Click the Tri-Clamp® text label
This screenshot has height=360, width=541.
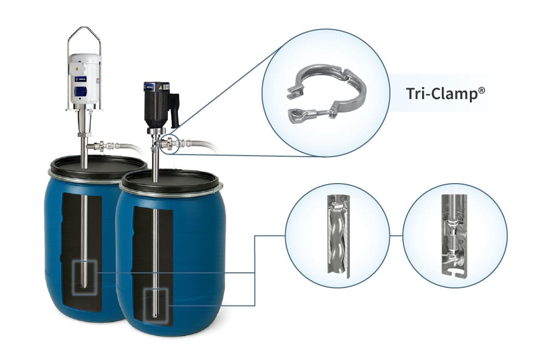pyautogui.click(x=445, y=93)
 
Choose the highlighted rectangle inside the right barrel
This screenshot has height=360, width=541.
pyautogui.click(x=155, y=308)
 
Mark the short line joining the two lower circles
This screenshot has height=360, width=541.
pyautogui.click(x=396, y=235)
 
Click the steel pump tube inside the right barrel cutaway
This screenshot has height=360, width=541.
pyautogui.click(x=155, y=249)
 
